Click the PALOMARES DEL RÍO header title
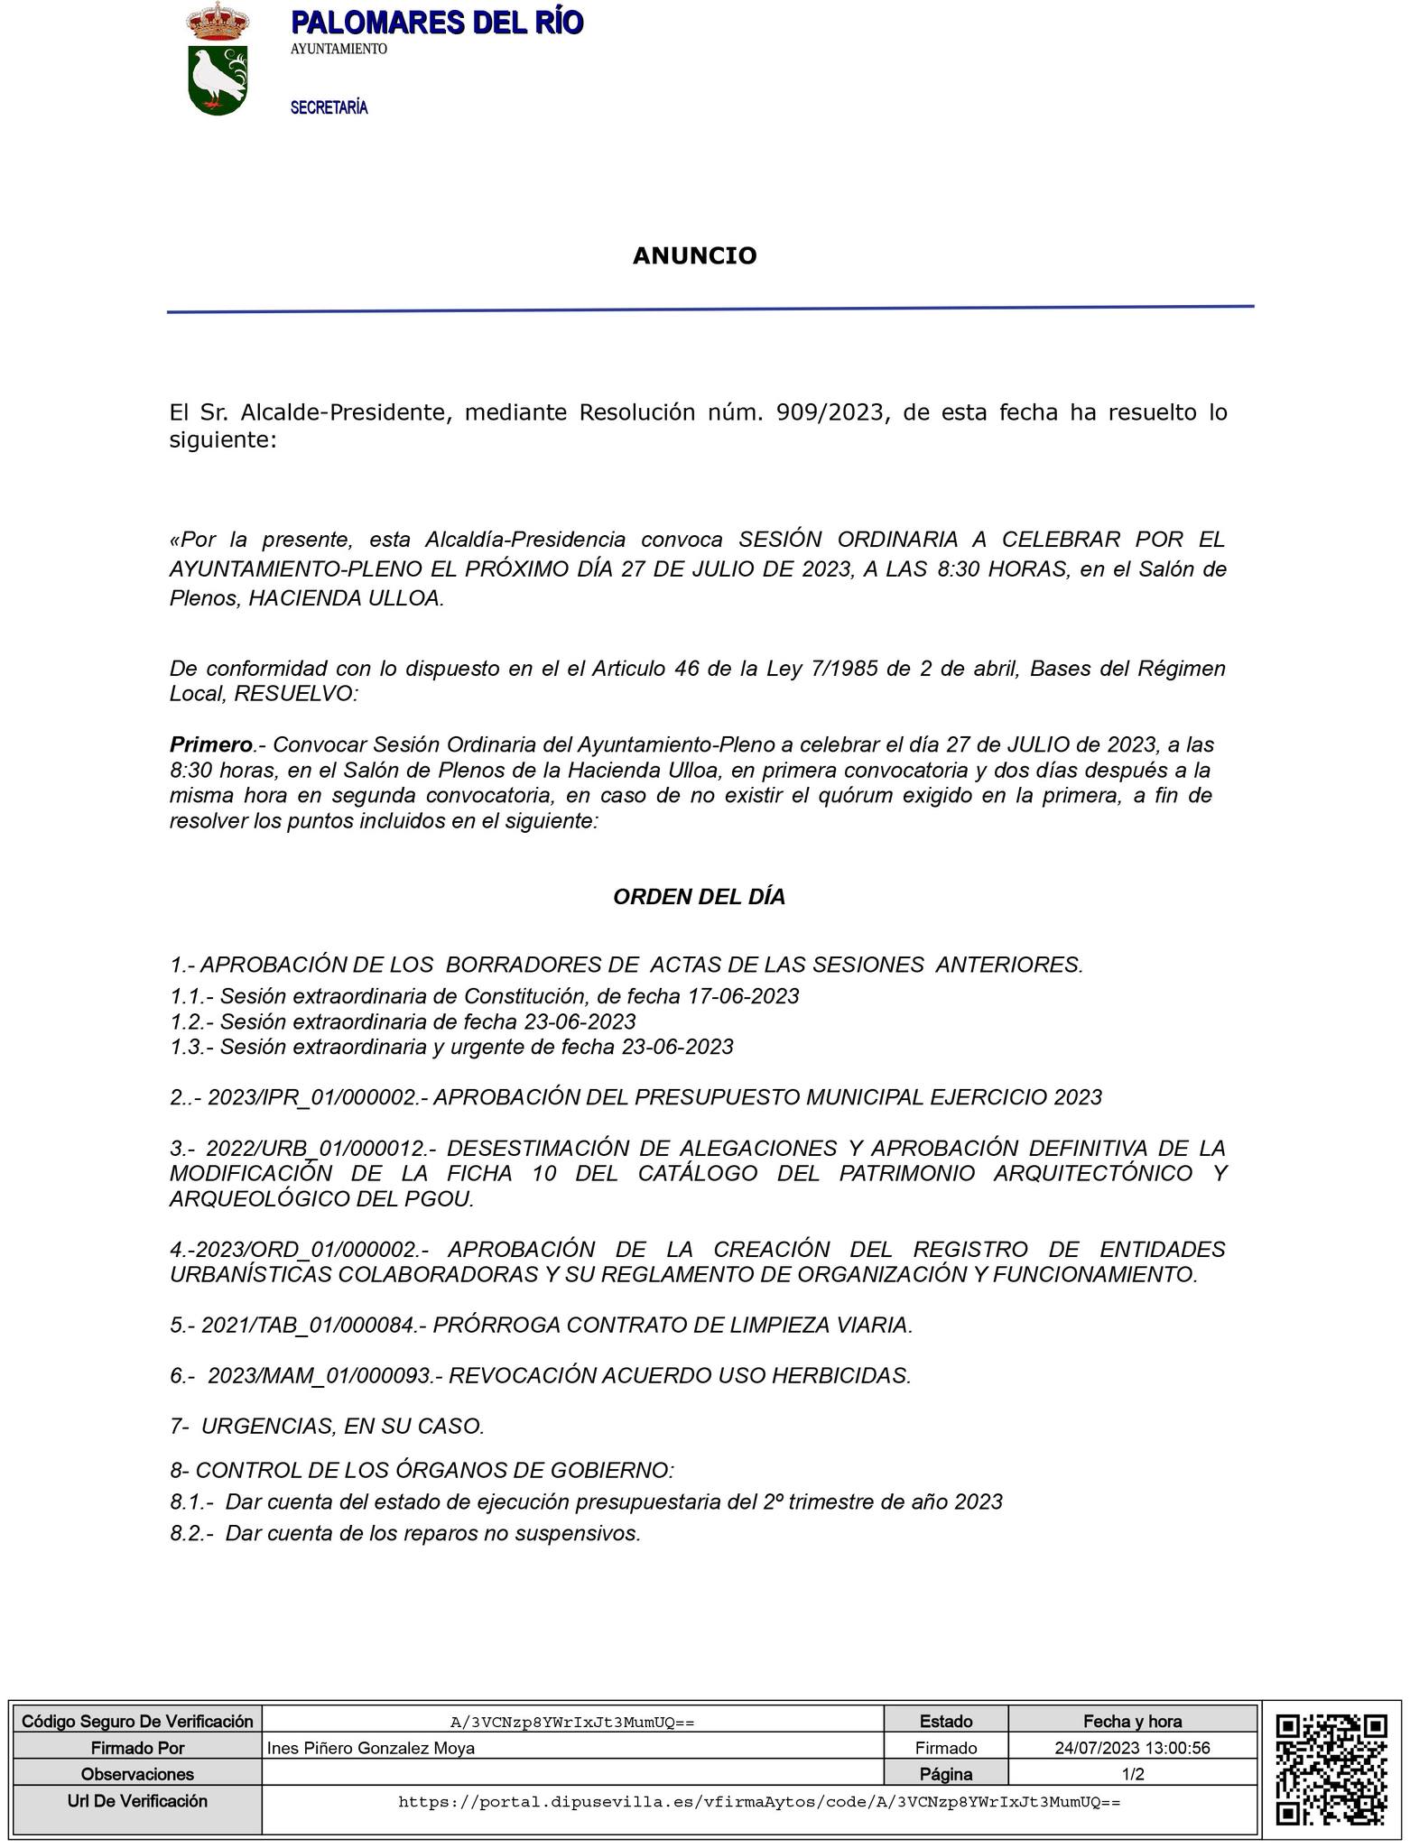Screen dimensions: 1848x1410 (x=437, y=23)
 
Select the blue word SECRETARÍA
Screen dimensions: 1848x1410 (x=329, y=108)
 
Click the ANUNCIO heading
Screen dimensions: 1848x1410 (x=694, y=256)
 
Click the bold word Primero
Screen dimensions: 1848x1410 (x=211, y=744)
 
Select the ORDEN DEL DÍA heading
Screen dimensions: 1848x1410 (x=699, y=897)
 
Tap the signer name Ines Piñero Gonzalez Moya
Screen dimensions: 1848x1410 (x=371, y=1748)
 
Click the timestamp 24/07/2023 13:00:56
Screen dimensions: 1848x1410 (x=1132, y=1748)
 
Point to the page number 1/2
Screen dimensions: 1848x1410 (x=1133, y=1774)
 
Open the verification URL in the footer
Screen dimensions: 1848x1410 (x=759, y=1802)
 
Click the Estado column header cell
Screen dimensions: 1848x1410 (x=945, y=1721)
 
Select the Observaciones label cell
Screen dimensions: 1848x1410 (x=137, y=1774)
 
